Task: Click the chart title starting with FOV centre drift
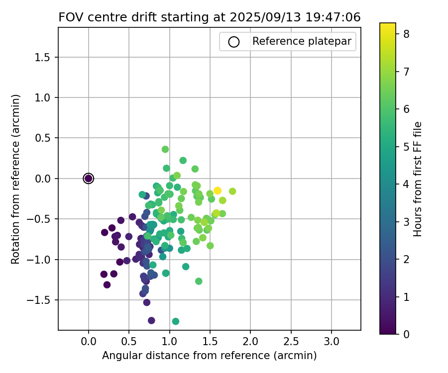click(209, 17)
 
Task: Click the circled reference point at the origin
click(89, 179)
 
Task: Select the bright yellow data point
click(218, 190)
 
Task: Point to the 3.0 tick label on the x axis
click(332, 342)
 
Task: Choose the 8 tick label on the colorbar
click(406, 34)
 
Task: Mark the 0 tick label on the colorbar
click(406, 334)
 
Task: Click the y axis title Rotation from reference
click(16, 179)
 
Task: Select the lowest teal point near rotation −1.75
click(176, 321)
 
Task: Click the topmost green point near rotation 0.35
click(165, 149)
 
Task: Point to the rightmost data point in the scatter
click(232, 191)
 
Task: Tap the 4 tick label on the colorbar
click(406, 184)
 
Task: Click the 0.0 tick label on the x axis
click(89, 342)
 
